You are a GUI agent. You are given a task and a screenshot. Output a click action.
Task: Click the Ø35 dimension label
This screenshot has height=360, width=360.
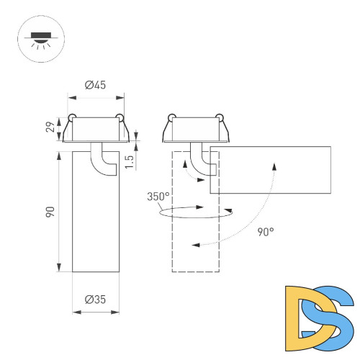(95, 300)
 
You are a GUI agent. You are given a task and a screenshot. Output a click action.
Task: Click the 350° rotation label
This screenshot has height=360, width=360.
(158, 197)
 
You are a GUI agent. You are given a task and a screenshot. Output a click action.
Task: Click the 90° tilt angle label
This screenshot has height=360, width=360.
(266, 232)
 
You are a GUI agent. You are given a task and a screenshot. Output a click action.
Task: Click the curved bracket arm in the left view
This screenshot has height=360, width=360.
(104, 160)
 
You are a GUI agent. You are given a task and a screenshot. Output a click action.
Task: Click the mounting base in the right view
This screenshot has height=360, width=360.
(195, 130)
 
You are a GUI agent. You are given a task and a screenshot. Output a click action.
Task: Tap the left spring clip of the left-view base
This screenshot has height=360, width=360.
(72, 117)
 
